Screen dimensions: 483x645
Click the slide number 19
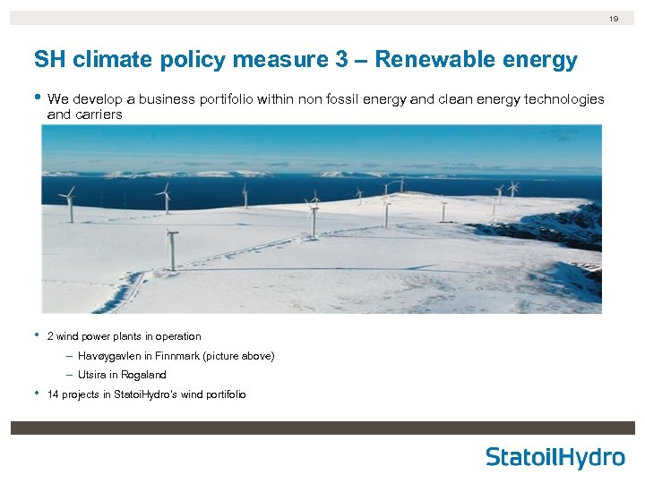pos(614,18)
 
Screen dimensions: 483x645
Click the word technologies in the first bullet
pos(563,99)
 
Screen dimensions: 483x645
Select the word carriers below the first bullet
pos(97,115)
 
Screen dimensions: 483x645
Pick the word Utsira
pos(90,375)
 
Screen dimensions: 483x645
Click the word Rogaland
pos(146,375)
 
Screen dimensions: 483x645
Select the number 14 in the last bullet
pos(53,394)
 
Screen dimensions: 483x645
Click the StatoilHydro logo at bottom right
pos(555,457)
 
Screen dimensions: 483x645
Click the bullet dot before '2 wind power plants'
pos(37,336)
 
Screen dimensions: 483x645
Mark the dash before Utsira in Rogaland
pos(69,375)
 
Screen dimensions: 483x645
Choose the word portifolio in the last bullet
pos(223,394)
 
